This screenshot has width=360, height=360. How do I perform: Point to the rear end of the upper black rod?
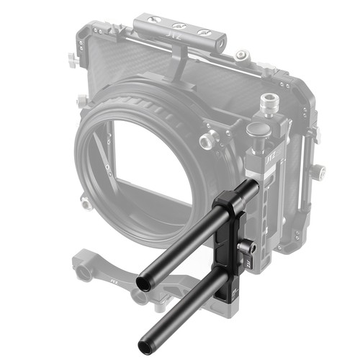pyautogui.click(x=253, y=186)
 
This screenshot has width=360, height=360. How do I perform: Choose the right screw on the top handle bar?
pyautogui.click(x=204, y=33)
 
